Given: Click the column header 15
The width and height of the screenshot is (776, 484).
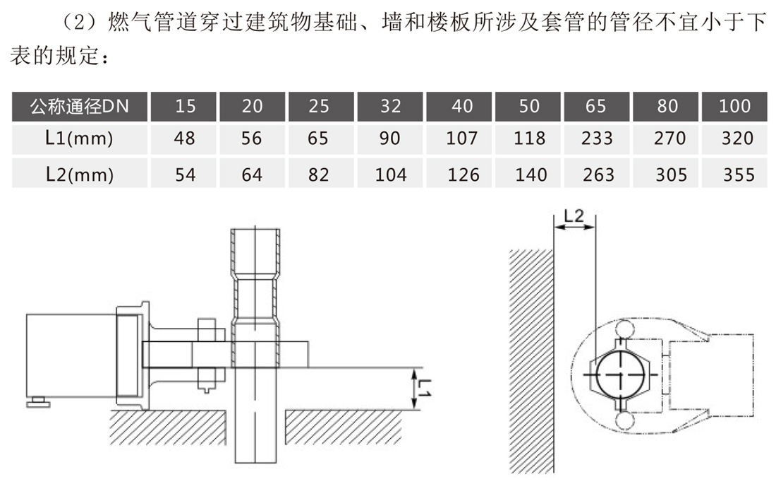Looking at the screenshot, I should (186, 107).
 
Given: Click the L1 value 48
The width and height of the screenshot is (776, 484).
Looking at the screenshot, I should (186, 138).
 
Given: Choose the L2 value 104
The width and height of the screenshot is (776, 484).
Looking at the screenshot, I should (390, 174).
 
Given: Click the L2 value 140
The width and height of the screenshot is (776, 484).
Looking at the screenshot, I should (528, 174).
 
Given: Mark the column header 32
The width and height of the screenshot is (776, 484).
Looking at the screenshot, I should (390, 107).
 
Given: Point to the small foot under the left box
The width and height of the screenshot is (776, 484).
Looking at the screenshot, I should (40, 402).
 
